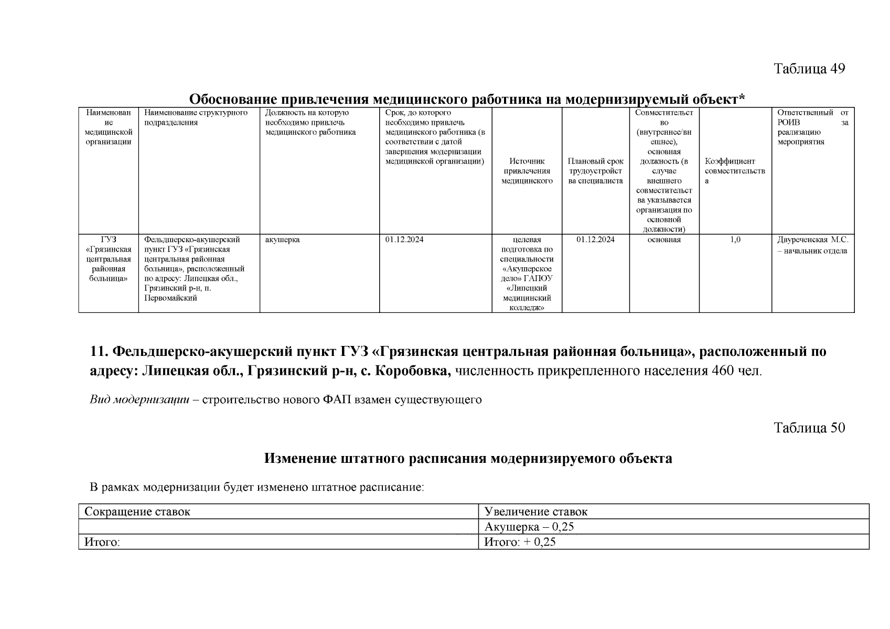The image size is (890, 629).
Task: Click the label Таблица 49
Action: coord(809,69)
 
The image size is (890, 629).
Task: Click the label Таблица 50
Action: coord(809,428)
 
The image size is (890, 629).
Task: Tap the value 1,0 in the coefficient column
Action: coord(735,240)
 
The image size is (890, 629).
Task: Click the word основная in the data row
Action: coord(664,240)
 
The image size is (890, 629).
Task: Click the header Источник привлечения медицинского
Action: coord(527,171)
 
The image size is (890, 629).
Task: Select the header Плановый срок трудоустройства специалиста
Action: coord(595,171)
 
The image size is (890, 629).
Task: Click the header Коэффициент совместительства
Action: coord(734,171)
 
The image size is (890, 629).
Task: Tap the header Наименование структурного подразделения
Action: coord(196,117)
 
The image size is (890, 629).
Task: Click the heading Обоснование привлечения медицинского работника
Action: coord(467,99)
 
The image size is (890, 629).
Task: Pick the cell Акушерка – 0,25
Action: coord(529,527)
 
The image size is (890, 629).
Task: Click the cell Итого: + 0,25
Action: coord(519,542)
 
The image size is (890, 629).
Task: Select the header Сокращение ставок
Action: coord(137,512)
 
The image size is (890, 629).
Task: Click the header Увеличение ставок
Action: coord(535,512)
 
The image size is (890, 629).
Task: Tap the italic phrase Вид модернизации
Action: coord(139,400)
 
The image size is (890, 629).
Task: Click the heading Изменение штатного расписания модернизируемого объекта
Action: coord(468,459)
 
